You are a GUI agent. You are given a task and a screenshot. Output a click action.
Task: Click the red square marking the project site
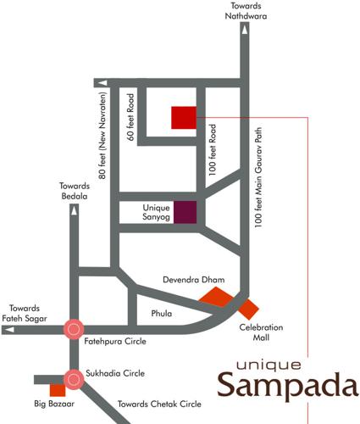click(183, 117)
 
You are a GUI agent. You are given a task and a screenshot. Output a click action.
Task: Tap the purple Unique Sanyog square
click(185, 213)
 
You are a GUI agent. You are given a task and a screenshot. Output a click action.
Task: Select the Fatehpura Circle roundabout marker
click(74, 329)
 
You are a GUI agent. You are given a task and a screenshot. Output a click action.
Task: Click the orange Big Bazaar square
click(58, 390)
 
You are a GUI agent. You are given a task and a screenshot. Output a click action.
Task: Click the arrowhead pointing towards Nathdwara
click(245, 29)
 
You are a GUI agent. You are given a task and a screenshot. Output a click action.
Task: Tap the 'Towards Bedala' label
click(75, 191)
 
